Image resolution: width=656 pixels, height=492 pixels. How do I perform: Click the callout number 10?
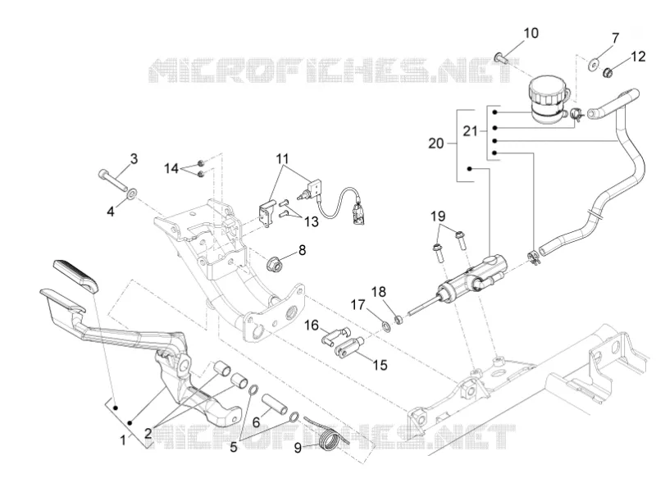[x=531, y=33]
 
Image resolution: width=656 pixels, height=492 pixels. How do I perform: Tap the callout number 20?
[x=436, y=143]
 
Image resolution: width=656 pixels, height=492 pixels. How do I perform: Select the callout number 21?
[x=470, y=131]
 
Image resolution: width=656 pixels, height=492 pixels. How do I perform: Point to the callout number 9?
[x=298, y=448]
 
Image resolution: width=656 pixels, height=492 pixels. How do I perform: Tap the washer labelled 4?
[x=133, y=194]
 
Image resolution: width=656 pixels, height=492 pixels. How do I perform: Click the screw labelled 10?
[x=502, y=58]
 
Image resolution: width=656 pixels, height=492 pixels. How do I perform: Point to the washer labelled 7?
[x=593, y=64]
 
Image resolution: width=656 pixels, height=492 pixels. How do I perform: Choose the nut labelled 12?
[x=608, y=73]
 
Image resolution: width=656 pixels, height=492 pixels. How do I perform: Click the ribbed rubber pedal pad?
[x=75, y=276]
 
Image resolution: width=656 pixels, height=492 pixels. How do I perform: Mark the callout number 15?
[x=380, y=365]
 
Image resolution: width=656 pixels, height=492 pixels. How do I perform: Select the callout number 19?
[x=438, y=216]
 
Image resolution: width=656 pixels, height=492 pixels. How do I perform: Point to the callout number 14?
[x=171, y=169]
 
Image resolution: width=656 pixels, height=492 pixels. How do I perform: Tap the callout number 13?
[x=312, y=221]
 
